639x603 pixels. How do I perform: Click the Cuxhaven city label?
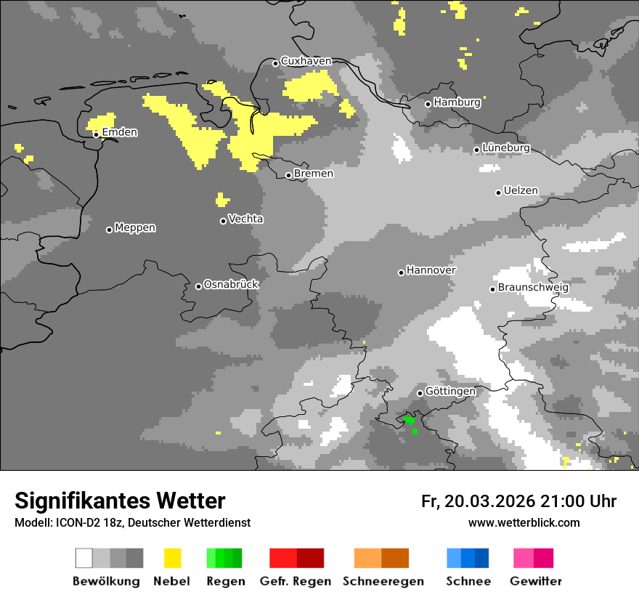tap(306, 61)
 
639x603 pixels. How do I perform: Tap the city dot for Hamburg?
tap(428, 104)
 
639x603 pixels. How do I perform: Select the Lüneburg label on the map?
tap(506, 148)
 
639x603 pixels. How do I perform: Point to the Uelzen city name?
tap(521, 191)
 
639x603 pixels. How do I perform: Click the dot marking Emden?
tap(96, 134)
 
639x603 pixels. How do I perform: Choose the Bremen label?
tap(314, 174)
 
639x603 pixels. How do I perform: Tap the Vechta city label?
tap(245, 219)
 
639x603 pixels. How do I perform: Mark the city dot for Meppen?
tap(109, 230)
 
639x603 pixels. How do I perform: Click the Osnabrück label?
tap(231, 285)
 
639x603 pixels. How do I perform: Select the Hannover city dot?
tap(401, 272)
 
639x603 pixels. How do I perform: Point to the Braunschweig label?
tap(533, 287)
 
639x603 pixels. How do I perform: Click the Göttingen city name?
tap(450, 392)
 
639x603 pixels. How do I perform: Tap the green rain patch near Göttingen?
tap(410, 420)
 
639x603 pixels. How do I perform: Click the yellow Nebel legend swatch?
tap(172, 558)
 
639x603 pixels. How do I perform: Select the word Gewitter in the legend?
tap(536, 581)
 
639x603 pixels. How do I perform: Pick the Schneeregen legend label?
tap(383, 581)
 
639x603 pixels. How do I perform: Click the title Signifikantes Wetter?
tap(120, 501)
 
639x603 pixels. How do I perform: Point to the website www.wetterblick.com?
tap(524, 522)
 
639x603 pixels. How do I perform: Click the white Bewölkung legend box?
tap(84, 558)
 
